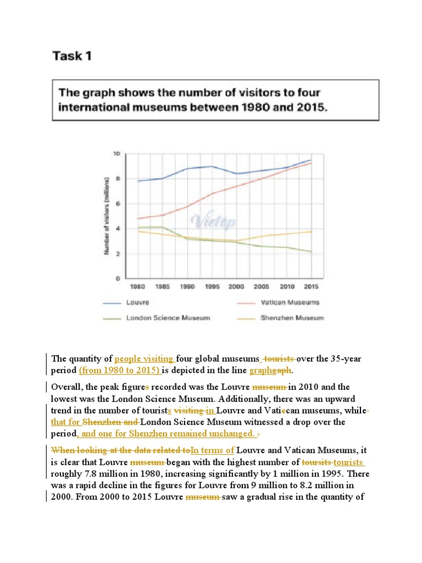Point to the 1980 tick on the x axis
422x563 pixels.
click(137, 286)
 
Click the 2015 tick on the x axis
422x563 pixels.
click(311, 286)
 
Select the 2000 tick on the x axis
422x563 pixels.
click(237, 286)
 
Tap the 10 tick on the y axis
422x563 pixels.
click(116, 154)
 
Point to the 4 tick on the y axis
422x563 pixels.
click(118, 229)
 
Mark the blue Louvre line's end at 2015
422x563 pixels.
click(311, 160)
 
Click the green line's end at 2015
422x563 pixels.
click(311, 252)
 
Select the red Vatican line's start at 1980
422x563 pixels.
click(137, 218)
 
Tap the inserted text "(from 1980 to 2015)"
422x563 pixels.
click(119, 370)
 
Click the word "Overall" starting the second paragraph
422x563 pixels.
click(66, 387)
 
